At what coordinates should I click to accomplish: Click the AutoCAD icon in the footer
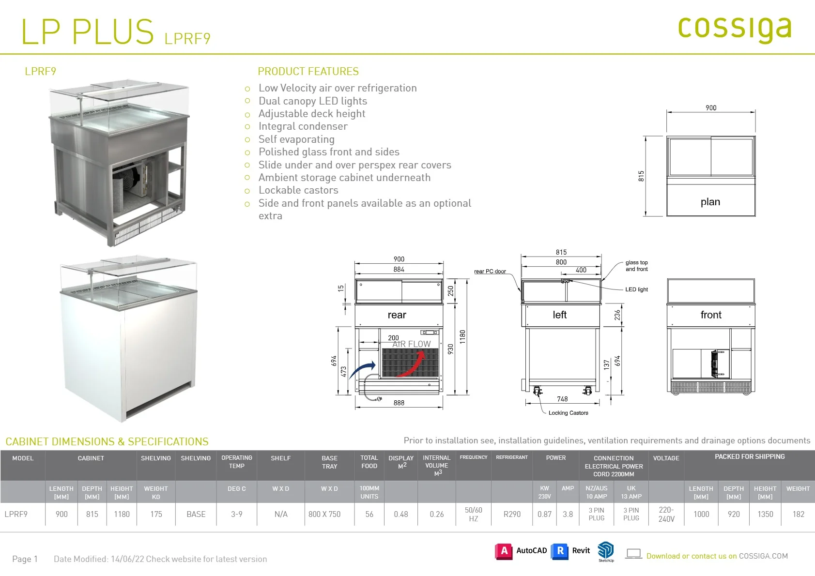504,551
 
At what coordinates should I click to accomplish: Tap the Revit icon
560,551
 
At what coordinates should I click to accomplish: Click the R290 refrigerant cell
512,514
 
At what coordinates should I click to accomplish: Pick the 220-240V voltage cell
666,514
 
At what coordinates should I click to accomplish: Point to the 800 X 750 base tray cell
324,514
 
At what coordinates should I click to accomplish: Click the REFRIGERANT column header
511,457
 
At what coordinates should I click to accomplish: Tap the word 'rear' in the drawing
397,315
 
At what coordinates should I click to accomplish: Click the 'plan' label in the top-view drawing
710,202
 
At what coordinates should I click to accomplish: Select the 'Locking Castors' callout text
569,413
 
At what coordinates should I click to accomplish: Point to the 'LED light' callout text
636,289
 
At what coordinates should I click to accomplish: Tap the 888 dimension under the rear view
399,403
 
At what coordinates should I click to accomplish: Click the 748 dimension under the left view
562,399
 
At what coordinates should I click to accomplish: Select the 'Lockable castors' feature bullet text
298,190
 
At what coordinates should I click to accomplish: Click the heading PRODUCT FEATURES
308,71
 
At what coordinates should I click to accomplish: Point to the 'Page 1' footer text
25,559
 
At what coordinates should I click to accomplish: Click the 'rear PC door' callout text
490,271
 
